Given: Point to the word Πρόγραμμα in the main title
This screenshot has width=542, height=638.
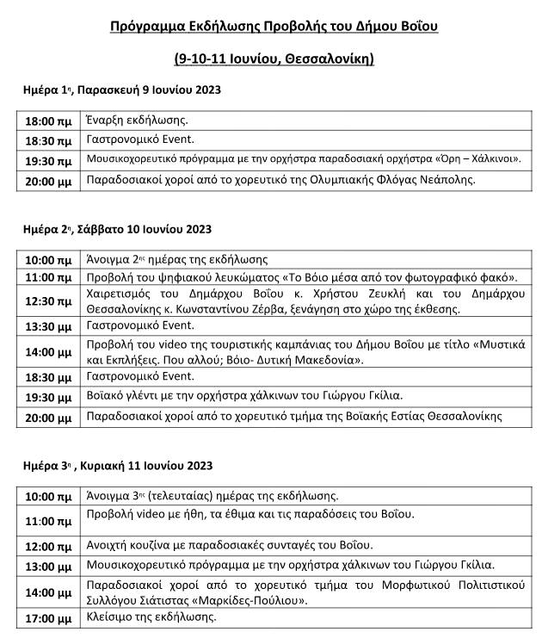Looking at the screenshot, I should [145, 28].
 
